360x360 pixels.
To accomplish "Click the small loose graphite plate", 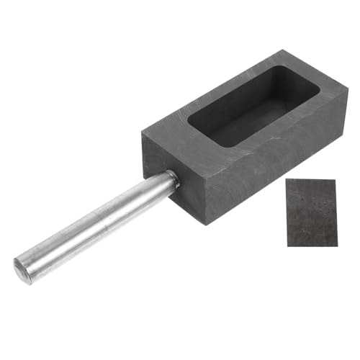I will click(312, 212).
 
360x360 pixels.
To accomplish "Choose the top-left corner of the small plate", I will click(287, 179).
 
